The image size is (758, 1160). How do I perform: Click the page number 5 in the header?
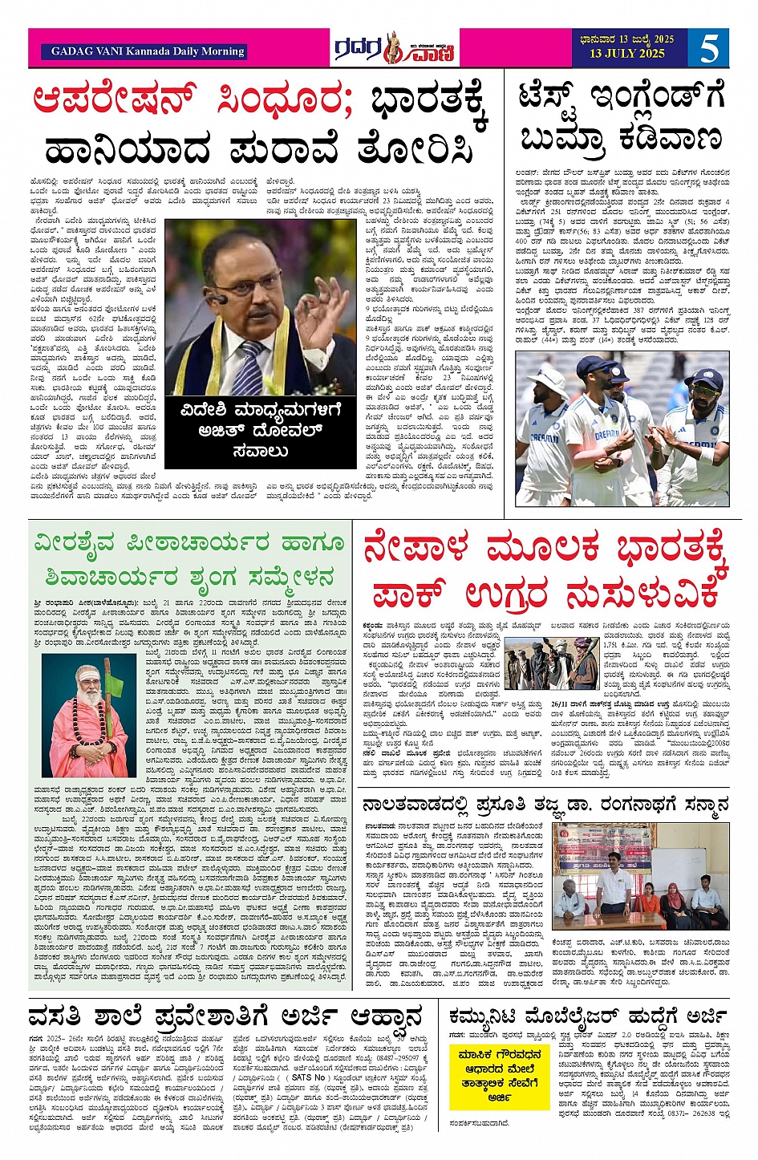pos(709,48)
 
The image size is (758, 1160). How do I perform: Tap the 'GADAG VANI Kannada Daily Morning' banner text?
pos(148,51)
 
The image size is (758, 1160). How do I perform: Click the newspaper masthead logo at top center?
pos(396,49)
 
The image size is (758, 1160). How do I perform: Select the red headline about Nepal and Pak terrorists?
pos(546,571)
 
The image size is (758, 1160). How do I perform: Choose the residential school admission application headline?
pos(225,1016)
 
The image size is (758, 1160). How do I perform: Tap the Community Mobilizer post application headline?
pos(589,1014)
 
